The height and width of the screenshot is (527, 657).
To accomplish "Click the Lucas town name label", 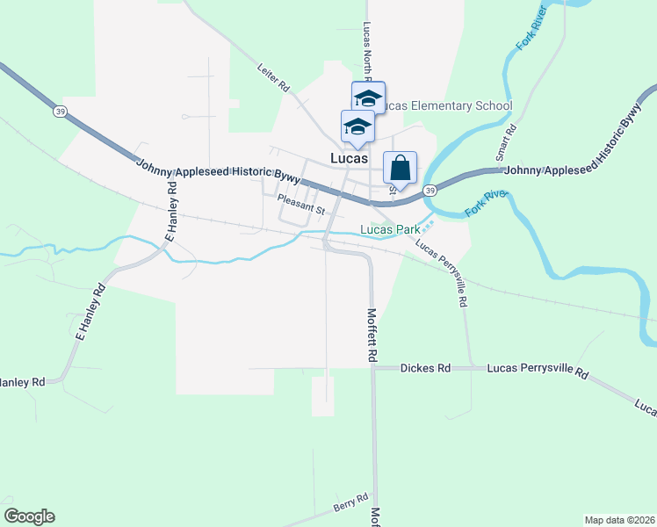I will coord(349,159).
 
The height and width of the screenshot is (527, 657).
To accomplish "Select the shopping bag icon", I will coord(400,169).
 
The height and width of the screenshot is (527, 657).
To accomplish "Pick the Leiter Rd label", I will coord(274,78).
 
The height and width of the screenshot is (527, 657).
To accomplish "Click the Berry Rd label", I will coord(350,503).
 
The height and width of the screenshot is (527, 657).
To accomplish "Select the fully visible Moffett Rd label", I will coord(372,335).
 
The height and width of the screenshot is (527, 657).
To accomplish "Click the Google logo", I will coord(29,516).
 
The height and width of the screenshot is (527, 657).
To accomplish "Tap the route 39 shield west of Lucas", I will coord(60,112).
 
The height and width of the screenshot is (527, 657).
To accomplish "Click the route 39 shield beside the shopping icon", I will coord(430,190).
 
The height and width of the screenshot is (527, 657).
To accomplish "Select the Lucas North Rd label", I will coord(365,48).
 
